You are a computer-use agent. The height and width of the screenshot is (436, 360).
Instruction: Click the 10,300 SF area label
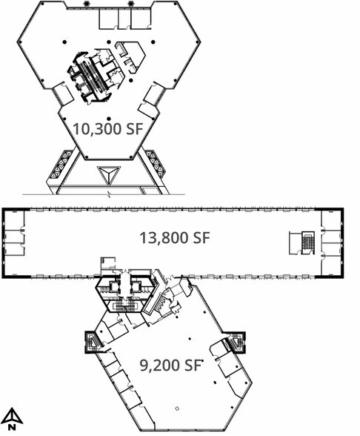108,129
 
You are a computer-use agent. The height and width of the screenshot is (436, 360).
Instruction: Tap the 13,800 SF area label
175,238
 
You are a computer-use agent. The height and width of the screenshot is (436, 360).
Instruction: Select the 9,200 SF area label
170,365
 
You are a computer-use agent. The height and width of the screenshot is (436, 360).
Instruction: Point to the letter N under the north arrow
12,426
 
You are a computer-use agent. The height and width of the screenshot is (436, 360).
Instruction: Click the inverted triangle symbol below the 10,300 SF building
109,175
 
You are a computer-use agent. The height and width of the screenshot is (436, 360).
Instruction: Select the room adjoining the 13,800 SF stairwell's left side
296,242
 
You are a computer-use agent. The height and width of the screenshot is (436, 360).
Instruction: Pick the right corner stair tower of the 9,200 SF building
237,343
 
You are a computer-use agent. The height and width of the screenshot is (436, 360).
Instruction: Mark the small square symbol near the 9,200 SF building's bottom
177,408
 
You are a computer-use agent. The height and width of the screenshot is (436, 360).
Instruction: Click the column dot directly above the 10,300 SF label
109,119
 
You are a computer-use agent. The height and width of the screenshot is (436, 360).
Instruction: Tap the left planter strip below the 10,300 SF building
61,165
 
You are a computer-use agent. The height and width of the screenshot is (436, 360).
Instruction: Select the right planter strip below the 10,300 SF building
156,165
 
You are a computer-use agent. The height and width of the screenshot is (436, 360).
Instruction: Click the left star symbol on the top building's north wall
86,4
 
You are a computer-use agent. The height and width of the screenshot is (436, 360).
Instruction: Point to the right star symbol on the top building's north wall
130,4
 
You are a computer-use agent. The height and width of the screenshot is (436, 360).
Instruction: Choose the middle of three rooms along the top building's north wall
124,18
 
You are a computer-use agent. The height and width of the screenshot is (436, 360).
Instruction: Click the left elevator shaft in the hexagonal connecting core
114,287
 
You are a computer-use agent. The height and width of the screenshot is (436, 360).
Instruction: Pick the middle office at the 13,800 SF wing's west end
14,236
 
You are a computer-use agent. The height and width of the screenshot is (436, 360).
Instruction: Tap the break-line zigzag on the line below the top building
109,194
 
